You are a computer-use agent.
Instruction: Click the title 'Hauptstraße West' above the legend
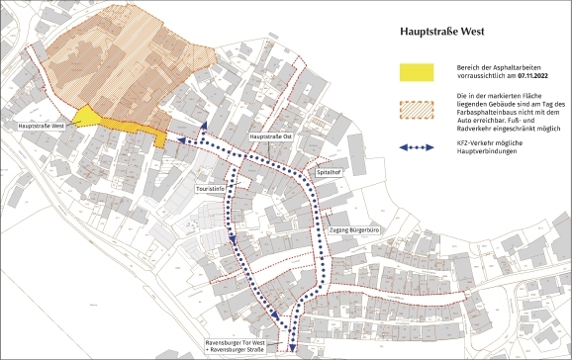click(x=440, y=32)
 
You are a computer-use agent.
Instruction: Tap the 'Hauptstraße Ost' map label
click(x=270, y=136)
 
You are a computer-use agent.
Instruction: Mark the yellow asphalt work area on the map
click(x=94, y=117)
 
